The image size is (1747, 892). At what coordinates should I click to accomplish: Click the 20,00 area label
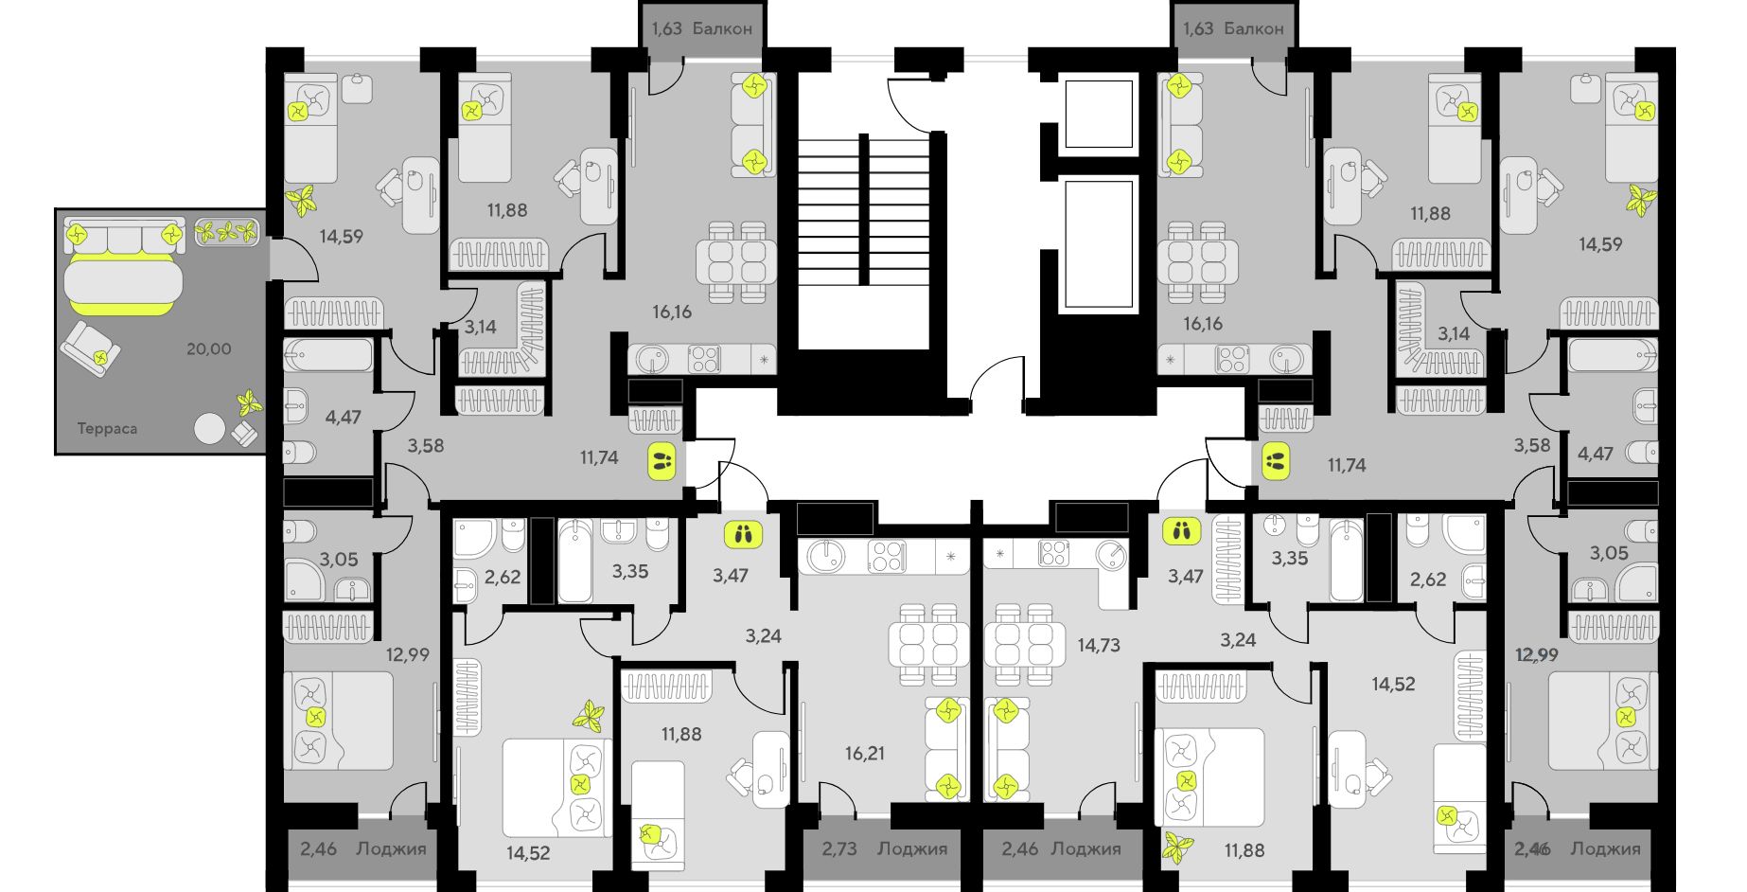pyautogui.click(x=208, y=348)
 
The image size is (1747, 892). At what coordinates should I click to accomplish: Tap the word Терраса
pyautogui.click(x=107, y=429)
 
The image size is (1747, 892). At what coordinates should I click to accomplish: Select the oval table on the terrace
pyautogui.click(x=123, y=281)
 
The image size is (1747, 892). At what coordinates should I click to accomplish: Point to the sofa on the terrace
pyautogui.click(x=123, y=234)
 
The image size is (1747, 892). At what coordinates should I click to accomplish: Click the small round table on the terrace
pyautogui.click(x=209, y=429)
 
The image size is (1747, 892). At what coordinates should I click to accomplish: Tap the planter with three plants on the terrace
pyautogui.click(x=227, y=231)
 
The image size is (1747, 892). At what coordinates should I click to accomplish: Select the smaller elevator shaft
pyautogui.click(x=1099, y=115)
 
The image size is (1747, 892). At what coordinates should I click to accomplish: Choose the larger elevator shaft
pyautogui.click(x=1099, y=243)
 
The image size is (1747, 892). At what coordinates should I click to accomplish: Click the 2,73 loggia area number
pyautogui.click(x=838, y=848)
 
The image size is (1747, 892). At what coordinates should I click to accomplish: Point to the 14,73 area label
pyautogui.click(x=1099, y=645)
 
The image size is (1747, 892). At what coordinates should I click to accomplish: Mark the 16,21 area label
pyautogui.click(x=865, y=753)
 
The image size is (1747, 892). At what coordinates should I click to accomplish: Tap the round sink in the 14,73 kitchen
pyautogui.click(x=1111, y=554)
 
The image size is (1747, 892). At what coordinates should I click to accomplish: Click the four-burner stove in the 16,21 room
pyautogui.click(x=886, y=556)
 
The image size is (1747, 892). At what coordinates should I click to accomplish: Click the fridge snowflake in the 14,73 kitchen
pyautogui.click(x=1000, y=551)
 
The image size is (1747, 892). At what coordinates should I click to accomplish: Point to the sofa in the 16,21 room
pyautogui.click(x=946, y=748)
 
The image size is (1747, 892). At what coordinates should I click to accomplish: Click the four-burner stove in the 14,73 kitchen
pyautogui.click(x=1053, y=552)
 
